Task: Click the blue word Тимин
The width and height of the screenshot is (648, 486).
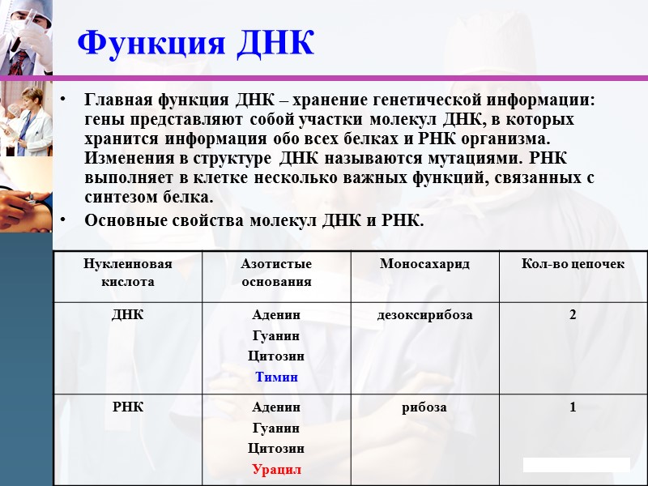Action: [x=276, y=377]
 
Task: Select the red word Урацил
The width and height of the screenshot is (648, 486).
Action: [x=276, y=469]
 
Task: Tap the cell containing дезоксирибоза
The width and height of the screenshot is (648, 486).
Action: [x=424, y=314]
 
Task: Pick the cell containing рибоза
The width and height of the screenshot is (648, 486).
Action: [x=424, y=407]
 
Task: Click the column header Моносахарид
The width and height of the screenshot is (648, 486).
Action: [x=424, y=264]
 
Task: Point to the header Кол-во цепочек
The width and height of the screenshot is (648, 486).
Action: [x=573, y=264]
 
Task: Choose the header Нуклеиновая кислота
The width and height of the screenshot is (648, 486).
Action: [x=127, y=272]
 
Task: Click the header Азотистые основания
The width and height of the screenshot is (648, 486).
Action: [x=276, y=272]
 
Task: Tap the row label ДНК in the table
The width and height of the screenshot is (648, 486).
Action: [x=127, y=314]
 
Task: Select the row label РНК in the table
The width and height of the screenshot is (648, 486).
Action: [x=127, y=407]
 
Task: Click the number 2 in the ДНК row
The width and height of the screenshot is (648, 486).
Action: [x=573, y=314]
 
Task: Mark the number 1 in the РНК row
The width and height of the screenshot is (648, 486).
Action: [x=573, y=407]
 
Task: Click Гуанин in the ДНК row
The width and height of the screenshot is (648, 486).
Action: [x=276, y=335]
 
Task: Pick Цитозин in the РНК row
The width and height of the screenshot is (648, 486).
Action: [x=276, y=448]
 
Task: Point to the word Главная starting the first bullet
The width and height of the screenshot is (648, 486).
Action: [x=115, y=100]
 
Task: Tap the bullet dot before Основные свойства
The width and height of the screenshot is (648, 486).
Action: [x=64, y=219]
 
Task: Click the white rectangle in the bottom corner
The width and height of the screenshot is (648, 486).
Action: [x=576, y=464]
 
